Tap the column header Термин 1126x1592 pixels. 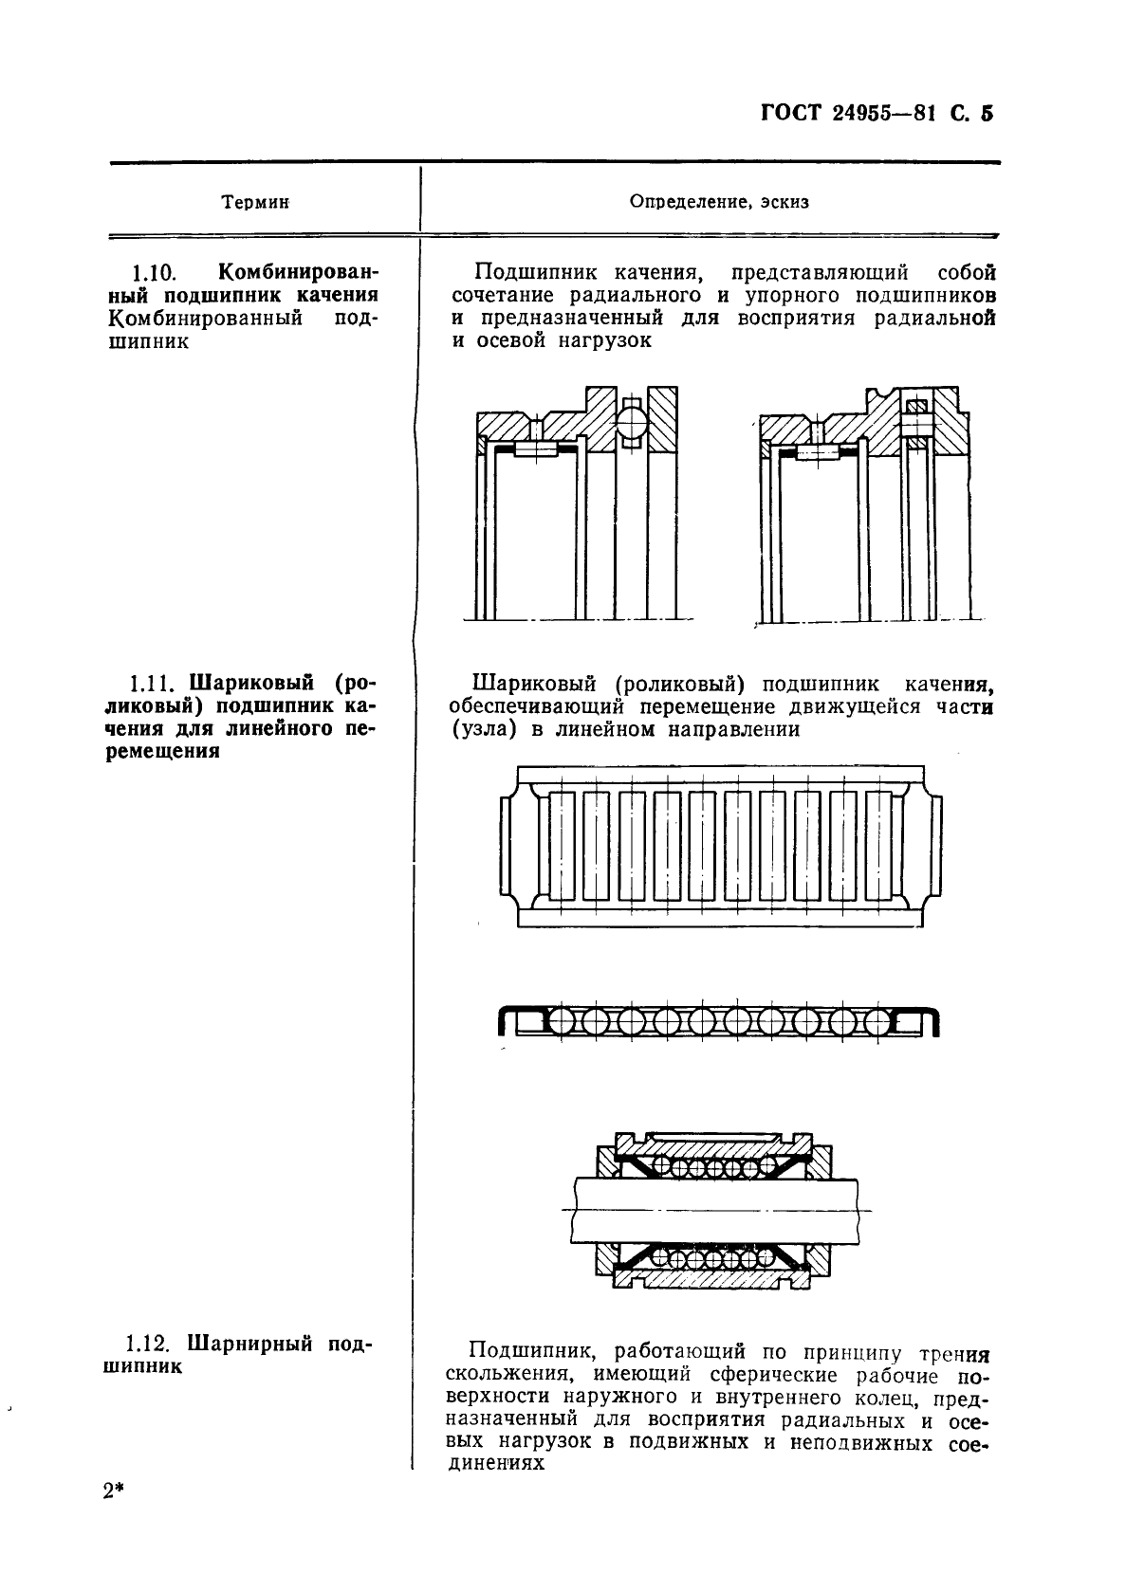pyautogui.click(x=255, y=203)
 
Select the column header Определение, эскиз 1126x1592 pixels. pyautogui.click(x=720, y=203)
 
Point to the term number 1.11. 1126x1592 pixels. pyautogui.click(x=151, y=684)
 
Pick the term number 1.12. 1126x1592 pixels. pyautogui.click(x=146, y=1345)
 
